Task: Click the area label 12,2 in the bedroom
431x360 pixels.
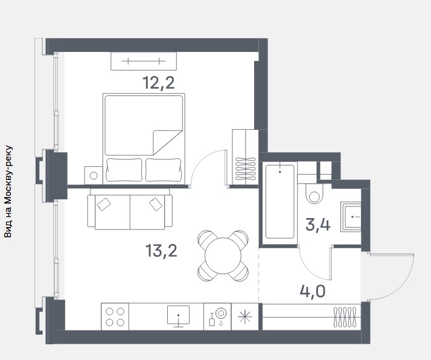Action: (159, 83)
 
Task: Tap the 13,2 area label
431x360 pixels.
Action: (161, 251)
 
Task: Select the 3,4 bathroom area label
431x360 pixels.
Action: (318, 225)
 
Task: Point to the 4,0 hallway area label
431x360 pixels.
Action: (313, 291)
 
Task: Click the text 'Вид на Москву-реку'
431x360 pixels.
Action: (8, 191)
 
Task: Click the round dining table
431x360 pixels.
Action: (223, 256)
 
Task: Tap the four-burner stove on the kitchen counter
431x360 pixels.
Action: (115, 317)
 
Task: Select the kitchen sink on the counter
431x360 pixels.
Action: (179, 317)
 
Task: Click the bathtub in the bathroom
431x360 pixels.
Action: (280, 202)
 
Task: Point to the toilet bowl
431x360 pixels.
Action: (314, 194)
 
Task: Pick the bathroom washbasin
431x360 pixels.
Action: (351, 217)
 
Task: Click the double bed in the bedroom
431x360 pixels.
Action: (144, 139)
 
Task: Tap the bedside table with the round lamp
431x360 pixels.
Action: (94, 175)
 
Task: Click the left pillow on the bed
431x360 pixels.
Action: (124, 170)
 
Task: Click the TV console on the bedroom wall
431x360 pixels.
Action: (144, 61)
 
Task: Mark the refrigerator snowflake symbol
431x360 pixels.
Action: (244, 317)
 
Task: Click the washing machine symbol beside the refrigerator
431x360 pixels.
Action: (217, 317)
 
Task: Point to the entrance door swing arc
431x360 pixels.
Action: (406, 283)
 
